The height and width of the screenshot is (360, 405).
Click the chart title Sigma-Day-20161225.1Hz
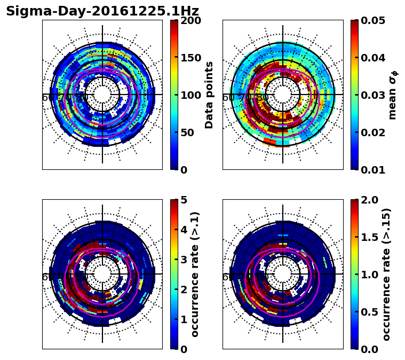102,11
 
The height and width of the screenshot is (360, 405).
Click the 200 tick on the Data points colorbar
190,20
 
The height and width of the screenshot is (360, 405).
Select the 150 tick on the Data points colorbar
190,58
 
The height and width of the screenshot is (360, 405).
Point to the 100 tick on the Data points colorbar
190,95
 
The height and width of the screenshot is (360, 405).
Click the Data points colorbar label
209,95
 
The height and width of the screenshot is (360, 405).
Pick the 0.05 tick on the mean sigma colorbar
374,20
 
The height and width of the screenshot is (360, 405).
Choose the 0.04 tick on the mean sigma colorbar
374,58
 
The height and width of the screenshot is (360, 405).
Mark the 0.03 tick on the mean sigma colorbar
374,95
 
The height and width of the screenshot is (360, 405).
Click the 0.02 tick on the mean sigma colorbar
374,132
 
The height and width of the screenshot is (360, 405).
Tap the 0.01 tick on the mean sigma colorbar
374,169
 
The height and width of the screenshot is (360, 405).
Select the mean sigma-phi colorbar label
393,95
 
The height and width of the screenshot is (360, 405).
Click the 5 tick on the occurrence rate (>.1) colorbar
184,200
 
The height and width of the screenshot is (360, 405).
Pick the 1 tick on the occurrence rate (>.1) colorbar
184,319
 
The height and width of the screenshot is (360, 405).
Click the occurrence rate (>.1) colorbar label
195,274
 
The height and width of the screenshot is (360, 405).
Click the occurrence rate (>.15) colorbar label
387,274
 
